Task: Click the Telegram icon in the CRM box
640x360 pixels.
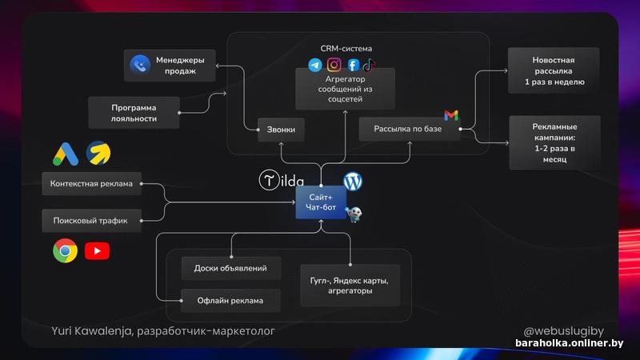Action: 315,65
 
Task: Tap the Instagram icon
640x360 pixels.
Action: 334,65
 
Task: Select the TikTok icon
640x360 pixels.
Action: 367,65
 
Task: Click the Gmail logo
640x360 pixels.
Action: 451,116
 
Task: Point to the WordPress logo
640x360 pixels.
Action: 353,181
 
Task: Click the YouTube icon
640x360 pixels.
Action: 97,251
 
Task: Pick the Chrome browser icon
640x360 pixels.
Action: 65,251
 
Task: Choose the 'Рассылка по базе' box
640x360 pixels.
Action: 409,129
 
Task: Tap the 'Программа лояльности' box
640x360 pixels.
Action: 134,112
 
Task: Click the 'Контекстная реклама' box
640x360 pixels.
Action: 91,184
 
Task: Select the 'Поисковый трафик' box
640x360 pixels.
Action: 91,218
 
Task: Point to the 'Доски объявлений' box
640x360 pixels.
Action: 230,269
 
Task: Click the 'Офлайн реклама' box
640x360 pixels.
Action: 230,301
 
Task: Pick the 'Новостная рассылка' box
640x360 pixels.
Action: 554,71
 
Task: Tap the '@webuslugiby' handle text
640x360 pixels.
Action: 563,330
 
